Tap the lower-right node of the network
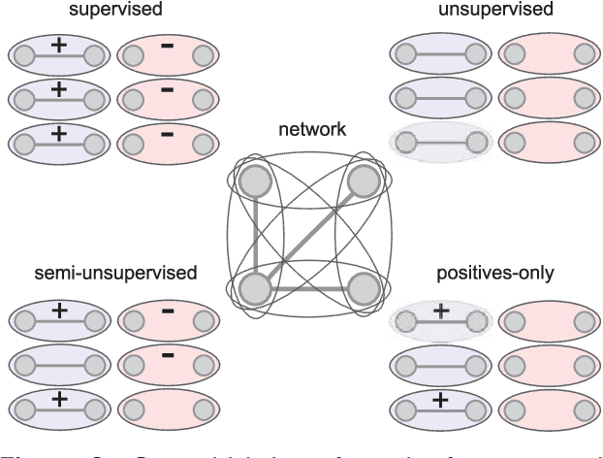point(363,288)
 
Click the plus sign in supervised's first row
point(58,46)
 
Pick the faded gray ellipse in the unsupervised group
point(438,143)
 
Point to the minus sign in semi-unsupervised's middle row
point(167,354)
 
